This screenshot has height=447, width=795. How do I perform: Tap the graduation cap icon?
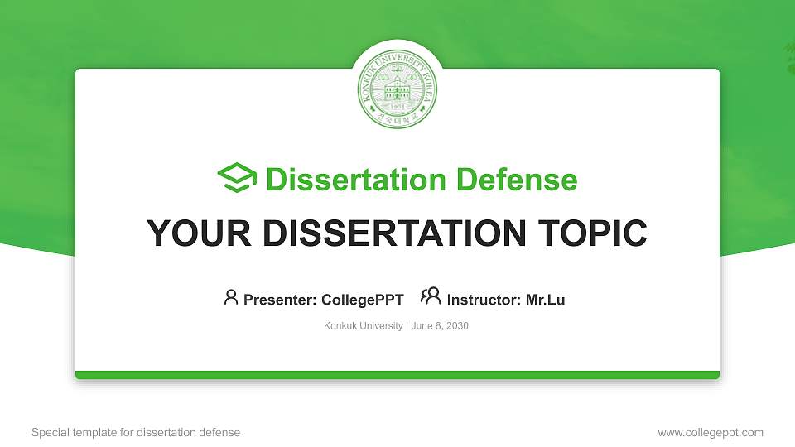coord(237,179)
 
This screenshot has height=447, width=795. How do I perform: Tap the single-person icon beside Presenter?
coord(231,297)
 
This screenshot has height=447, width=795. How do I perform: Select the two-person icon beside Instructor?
coord(431,297)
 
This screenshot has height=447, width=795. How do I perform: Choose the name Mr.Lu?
coord(545,300)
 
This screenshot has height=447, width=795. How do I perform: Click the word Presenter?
coord(279,300)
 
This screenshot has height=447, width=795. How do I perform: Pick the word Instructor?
coord(484,300)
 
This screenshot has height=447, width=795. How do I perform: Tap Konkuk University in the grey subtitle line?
coord(363,326)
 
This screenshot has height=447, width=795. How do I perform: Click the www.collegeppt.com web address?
coord(711,432)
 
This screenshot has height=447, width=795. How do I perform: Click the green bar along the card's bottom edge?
coord(397,375)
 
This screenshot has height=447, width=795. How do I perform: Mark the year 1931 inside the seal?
coord(397,108)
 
